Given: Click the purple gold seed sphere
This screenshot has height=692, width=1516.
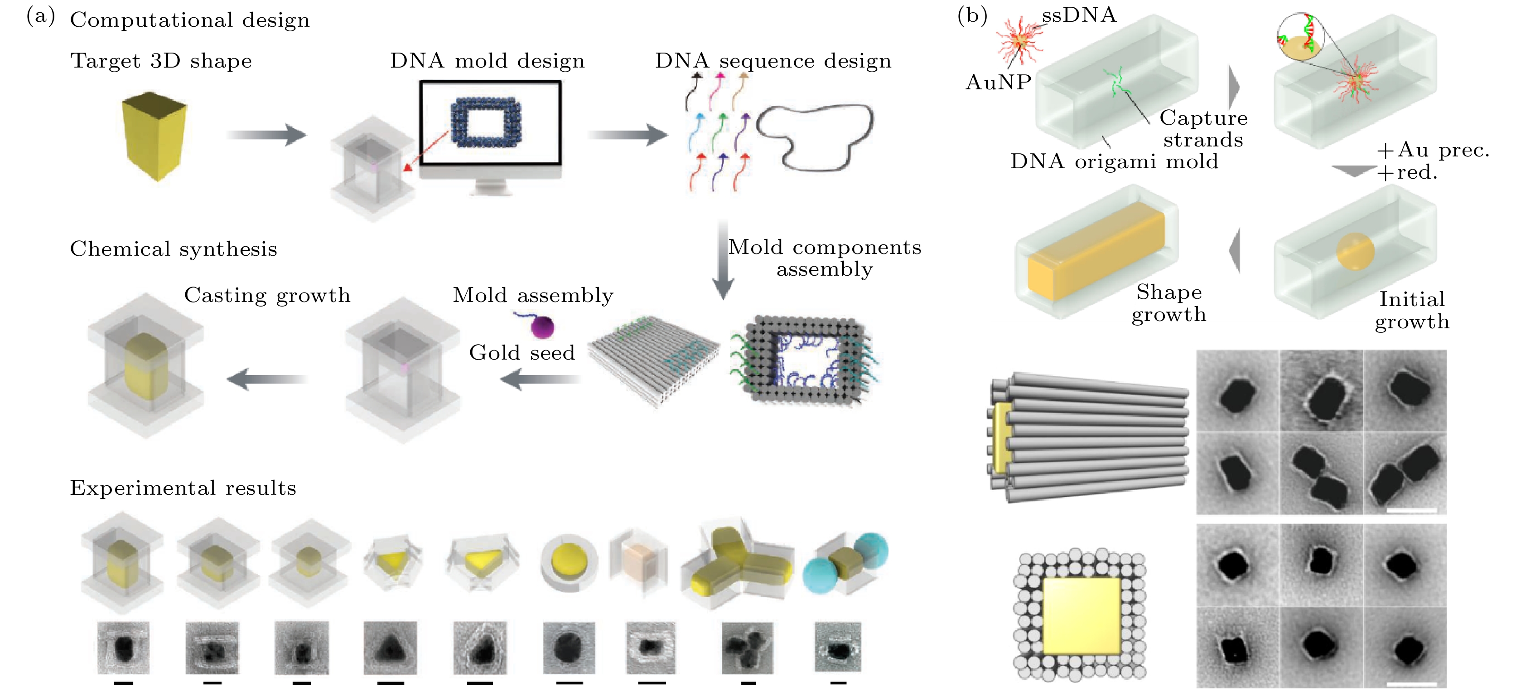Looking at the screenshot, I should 543,327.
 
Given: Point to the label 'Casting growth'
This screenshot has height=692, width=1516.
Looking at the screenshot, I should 267,295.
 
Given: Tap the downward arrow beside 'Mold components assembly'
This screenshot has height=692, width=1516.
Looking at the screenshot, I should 723,259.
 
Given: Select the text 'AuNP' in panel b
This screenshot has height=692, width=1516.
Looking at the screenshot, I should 998,83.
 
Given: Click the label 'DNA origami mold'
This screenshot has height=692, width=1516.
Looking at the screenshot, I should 1114,161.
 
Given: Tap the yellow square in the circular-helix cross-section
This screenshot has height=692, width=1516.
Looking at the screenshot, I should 1081,615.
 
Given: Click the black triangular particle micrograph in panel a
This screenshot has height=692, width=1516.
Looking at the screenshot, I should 390,647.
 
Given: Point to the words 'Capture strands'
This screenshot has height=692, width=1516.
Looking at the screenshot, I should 1203,128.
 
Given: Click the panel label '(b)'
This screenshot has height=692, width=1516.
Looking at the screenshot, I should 972,15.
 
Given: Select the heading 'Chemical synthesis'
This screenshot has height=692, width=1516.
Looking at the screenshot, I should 174,249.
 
